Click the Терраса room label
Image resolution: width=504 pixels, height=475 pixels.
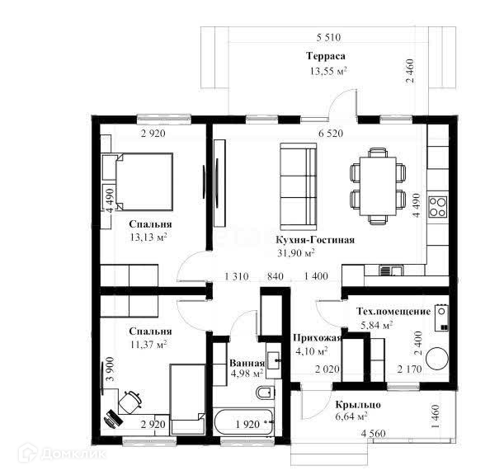326,56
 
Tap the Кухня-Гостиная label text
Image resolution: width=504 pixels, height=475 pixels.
315,240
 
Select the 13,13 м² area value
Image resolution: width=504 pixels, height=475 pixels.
148,237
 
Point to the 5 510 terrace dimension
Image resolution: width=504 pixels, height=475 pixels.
328,38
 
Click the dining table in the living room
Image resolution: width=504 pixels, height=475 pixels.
378,186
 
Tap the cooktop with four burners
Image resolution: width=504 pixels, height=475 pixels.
438,207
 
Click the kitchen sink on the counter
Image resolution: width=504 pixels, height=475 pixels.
390,270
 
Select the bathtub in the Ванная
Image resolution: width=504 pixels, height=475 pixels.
243,422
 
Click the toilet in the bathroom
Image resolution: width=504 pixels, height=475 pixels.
266,393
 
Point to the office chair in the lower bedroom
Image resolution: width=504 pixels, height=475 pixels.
130,402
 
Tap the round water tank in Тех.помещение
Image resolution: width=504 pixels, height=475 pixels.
437,359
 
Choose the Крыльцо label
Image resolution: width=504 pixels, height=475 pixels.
358,405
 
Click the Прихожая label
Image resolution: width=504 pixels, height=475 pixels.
317,338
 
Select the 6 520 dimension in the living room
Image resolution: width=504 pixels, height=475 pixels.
331,133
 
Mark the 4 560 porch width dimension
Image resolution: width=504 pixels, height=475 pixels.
373,434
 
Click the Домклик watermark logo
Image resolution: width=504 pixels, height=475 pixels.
62,454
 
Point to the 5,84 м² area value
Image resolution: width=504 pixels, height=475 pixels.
376,325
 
